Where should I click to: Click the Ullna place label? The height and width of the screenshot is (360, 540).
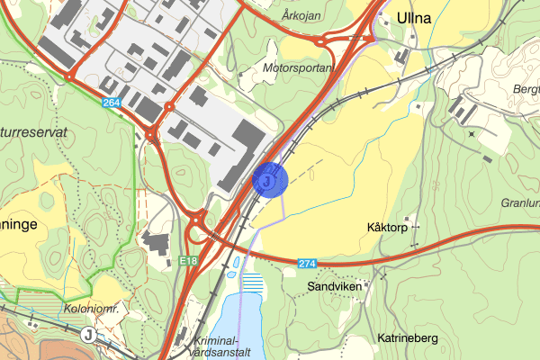(x=414, y=17)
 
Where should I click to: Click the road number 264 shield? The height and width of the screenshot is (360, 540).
(x=112, y=103)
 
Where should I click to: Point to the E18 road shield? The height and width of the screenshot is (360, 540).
(x=188, y=261)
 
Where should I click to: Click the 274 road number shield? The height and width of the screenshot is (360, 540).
(x=308, y=263)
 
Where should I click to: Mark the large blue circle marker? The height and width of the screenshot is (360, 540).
(x=269, y=179)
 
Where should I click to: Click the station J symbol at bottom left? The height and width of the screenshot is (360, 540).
(x=88, y=334)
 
